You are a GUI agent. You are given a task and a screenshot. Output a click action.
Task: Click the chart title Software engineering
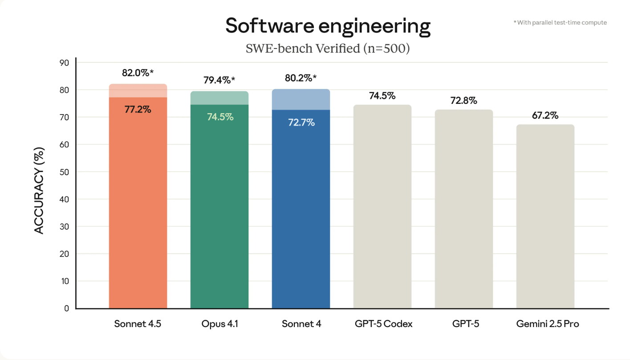click(x=328, y=26)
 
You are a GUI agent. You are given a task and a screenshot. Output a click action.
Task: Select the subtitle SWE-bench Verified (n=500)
click(x=328, y=48)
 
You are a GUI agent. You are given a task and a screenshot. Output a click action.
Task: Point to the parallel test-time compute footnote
click(x=560, y=22)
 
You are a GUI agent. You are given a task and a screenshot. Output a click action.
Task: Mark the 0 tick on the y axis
click(x=66, y=308)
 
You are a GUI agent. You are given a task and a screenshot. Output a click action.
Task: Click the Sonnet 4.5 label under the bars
click(x=138, y=324)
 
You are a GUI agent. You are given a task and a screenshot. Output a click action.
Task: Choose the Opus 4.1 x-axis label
click(x=219, y=324)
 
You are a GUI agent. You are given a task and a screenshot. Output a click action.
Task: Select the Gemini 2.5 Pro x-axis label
click(x=548, y=324)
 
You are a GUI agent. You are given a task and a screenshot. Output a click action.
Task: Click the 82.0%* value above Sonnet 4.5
click(x=138, y=73)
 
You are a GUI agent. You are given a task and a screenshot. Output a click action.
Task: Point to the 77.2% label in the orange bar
click(x=138, y=109)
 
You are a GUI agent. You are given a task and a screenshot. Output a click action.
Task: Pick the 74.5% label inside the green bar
click(x=220, y=117)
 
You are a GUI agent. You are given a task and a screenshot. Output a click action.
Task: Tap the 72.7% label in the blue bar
click(x=301, y=123)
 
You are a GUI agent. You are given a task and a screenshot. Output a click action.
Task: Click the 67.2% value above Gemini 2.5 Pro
click(x=545, y=116)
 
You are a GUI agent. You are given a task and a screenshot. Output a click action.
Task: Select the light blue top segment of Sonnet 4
click(x=301, y=100)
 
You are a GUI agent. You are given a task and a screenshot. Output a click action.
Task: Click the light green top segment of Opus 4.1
click(x=219, y=98)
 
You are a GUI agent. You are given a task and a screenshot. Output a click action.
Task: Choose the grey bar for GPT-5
click(x=464, y=209)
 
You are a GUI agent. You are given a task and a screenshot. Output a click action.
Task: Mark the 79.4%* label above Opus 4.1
click(x=219, y=81)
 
